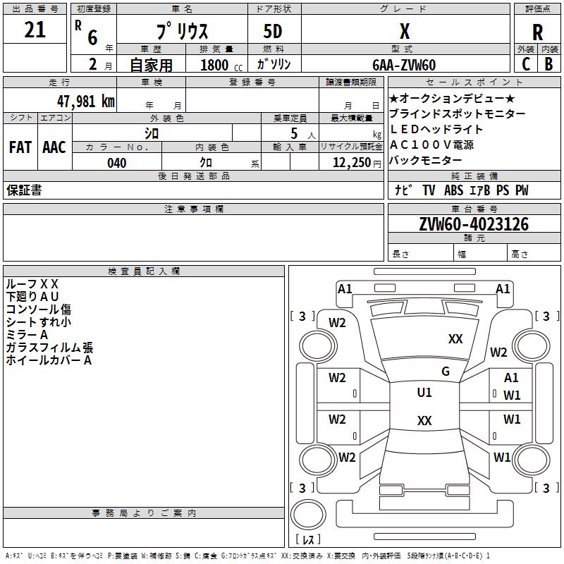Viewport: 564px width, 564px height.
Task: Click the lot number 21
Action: tap(35, 30)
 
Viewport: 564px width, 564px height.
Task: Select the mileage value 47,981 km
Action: tap(86, 101)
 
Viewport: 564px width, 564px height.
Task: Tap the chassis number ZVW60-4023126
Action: tap(474, 224)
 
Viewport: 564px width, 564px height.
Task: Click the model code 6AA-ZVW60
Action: tap(404, 65)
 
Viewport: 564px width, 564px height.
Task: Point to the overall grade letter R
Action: tap(537, 32)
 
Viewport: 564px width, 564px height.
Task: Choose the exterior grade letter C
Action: tap(526, 64)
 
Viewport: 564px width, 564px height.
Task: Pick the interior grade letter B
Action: tap(548, 64)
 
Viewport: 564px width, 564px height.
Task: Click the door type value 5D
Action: tap(273, 31)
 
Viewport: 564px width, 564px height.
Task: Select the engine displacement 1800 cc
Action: tap(221, 65)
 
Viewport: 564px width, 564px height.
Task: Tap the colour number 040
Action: tap(117, 163)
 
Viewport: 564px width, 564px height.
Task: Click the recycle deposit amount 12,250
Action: tap(352, 163)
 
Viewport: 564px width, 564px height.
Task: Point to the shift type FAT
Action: tap(20, 147)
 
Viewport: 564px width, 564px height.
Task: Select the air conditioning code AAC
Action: tap(54, 147)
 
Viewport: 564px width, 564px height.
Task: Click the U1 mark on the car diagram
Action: tap(424, 393)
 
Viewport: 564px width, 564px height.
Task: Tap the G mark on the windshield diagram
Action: tap(446, 372)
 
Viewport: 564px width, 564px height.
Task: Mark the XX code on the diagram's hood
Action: tap(455, 338)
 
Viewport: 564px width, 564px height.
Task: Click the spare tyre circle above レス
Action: tap(308, 515)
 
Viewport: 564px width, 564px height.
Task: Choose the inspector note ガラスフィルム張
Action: tap(49, 348)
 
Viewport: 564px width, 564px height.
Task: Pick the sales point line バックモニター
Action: tap(426, 160)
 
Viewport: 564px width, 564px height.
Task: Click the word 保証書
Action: tap(24, 190)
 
